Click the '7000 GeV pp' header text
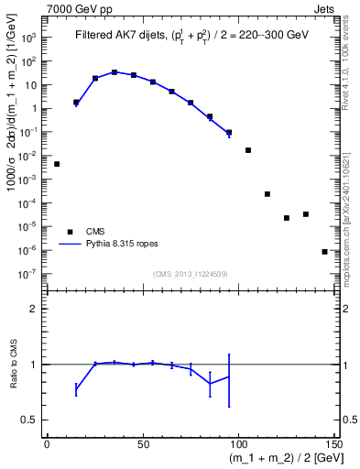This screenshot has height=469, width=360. point(74,6)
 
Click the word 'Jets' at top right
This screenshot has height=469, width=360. point(323,6)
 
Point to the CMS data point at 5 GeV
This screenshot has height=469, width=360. point(57,164)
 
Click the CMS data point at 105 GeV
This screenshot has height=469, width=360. point(248,149)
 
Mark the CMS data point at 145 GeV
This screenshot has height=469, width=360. point(325,251)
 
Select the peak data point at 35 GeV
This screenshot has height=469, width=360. point(115,71)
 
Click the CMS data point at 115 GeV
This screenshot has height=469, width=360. point(267,194)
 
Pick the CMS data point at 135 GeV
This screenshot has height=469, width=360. point(306,214)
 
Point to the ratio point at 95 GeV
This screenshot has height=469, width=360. point(229,376)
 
